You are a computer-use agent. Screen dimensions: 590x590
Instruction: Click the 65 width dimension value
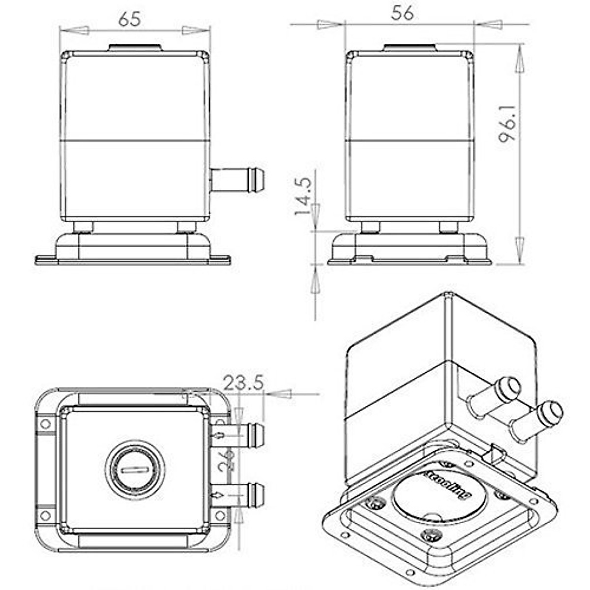[130, 18]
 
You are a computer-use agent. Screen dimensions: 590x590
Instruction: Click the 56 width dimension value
[402, 13]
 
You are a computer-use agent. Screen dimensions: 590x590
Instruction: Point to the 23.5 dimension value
[243, 382]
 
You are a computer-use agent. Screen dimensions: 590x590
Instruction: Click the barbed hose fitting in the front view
[238, 179]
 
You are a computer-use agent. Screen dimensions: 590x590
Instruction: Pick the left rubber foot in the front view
[83, 227]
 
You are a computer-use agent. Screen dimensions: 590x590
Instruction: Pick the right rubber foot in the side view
[448, 227]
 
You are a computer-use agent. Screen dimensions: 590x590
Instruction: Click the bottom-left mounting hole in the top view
[45, 515]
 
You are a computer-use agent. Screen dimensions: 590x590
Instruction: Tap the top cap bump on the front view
[135, 48]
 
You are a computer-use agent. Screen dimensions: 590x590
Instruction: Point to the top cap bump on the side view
[409, 48]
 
